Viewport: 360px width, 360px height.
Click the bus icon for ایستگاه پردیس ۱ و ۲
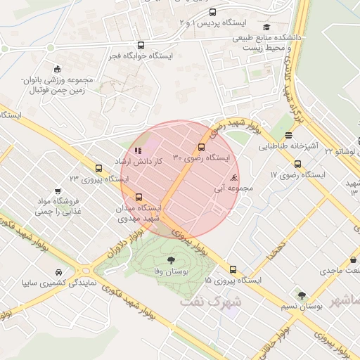213,12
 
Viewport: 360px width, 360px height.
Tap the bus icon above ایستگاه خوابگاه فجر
141,44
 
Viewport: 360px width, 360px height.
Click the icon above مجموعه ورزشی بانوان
56,69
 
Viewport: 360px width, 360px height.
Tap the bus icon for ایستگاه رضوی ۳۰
202,147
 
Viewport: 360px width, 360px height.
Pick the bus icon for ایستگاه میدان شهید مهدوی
139,198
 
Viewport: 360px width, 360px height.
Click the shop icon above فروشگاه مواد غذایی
68,200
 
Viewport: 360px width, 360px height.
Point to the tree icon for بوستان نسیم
302,295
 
